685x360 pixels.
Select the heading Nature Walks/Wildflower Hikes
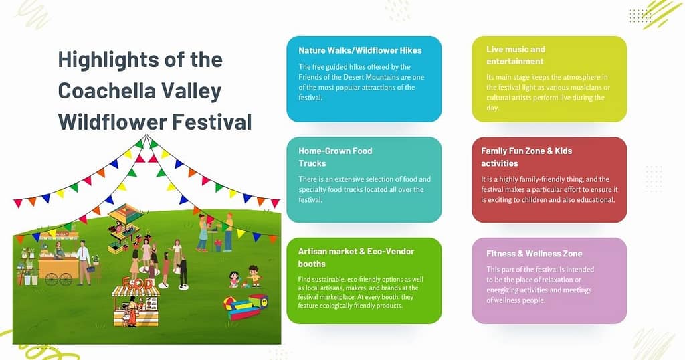pyautogui.click(x=360, y=50)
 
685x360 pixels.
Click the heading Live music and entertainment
pyautogui.click(x=516, y=55)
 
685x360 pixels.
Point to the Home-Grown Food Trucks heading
pyautogui.click(x=335, y=157)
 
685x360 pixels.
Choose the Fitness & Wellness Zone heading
pyautogui.click(x=534, y=254)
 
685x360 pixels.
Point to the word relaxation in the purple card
pyautogui.click(x=551, y=280)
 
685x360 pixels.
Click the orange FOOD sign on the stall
pyautogui.click(x=138, y=284)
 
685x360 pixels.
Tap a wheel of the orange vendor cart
pyautogui.click(x=52, y=279)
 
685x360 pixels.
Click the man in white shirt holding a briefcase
pyautogui.click(x=84, y=262)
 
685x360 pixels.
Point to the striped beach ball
pyautogui.click(x=229, y=302)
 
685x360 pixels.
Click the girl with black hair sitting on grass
pyautogui.click(x=234, y=280)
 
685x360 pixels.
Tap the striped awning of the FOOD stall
pyautogui.click(x=136, y=291)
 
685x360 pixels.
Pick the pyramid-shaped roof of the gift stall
pyautogui.click(x=125, y=213)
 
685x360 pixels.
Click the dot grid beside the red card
pyautogui.click(x=654, y=179)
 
